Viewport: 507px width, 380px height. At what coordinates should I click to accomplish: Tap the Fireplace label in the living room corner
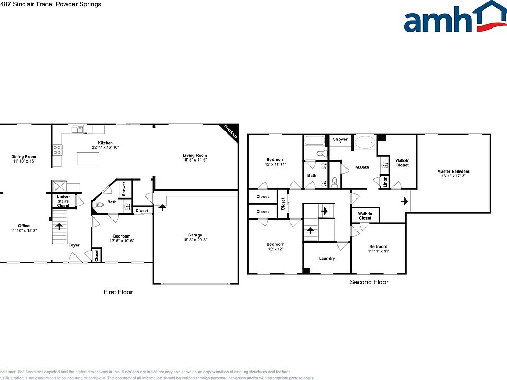coord(230,132)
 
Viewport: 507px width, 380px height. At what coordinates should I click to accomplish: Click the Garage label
coord(195,235)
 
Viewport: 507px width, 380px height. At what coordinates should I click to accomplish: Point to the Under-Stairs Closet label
coord(63,201)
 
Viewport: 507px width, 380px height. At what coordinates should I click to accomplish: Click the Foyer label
coord(73,245)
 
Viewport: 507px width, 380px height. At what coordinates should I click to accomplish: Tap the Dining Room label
coord(24,156)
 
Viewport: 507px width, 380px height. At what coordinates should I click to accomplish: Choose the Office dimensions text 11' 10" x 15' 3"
coord(24,231)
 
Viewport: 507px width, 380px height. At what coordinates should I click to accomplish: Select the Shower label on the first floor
coord(124,188)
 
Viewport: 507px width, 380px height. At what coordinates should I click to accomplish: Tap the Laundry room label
coord(327,258)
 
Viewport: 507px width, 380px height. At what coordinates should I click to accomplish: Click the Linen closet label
coord(385,182)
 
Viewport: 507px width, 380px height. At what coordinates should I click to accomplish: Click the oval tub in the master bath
coord(364,142)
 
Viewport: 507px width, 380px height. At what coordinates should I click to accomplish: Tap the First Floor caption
coord(117,292)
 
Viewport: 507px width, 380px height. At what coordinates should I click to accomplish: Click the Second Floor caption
coord(369,282)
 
